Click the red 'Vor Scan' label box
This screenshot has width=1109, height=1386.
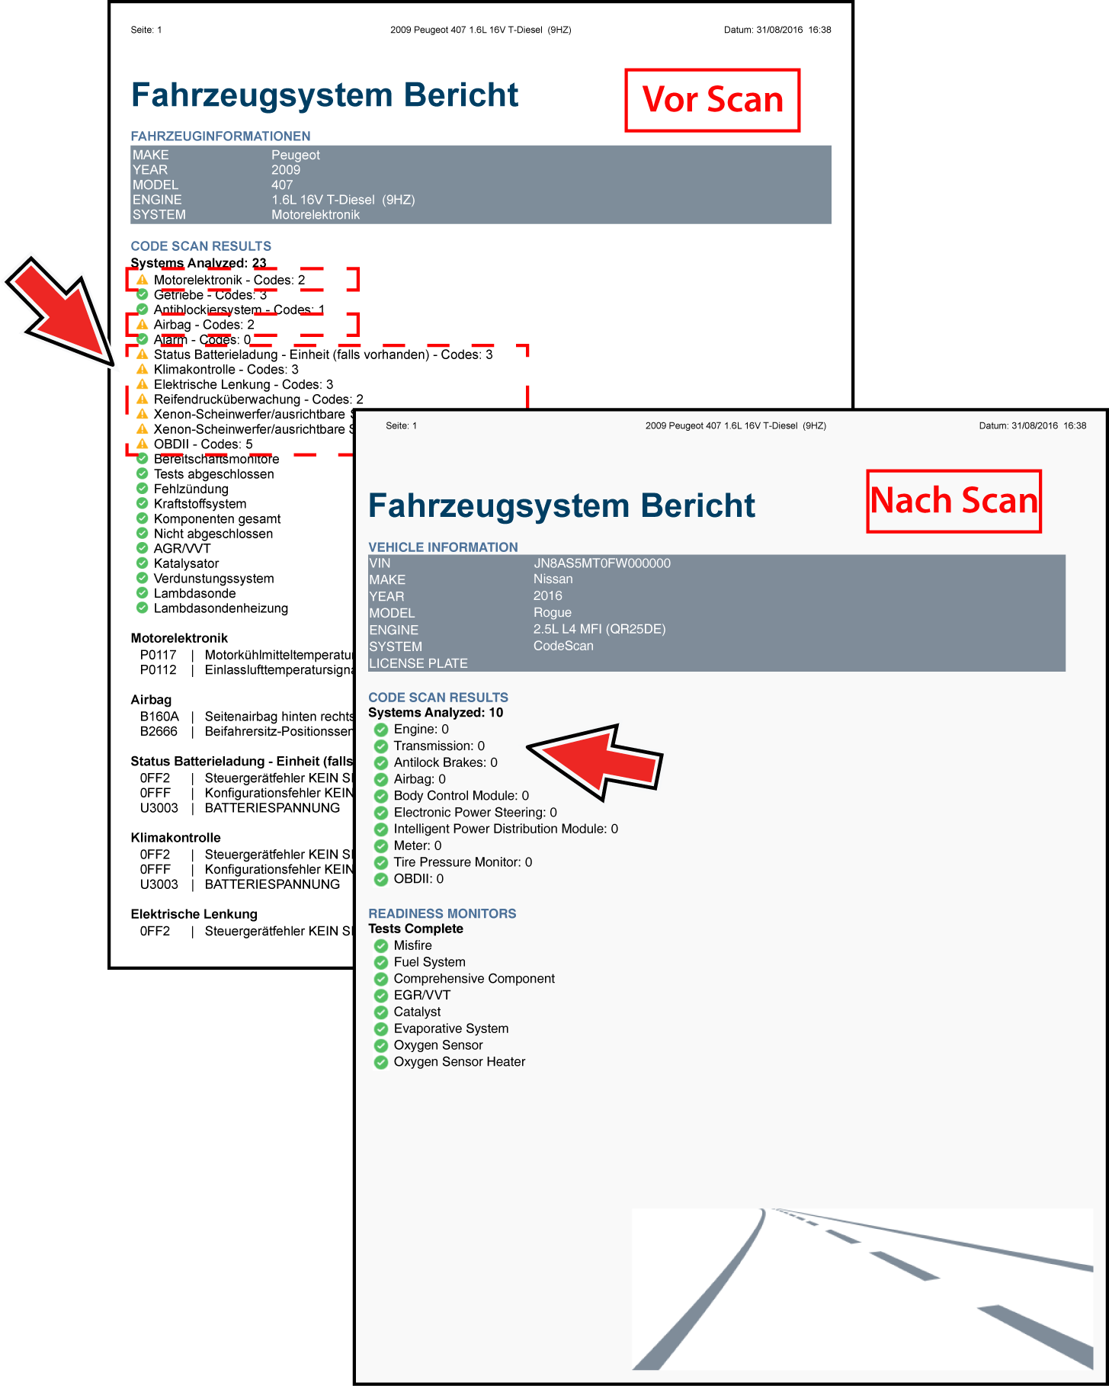pyautogui.click(x=712, y=100)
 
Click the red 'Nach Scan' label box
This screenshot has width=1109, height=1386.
pyautogui.click(x=954, y=501)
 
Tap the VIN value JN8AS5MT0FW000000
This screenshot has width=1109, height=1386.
pyautogui.click(x=601, y=563)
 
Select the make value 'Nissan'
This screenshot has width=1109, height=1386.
pyautogui.click(x=553, y=579)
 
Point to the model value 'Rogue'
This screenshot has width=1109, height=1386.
pyautogui.click(x=552, y=613)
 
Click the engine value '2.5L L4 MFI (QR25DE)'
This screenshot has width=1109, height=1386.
pyautogui.click(x=599, y=630)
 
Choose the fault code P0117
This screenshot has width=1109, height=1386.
pyautogui.click(x=158, y=655)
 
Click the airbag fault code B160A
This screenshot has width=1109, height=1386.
pyautogui.click(x=159, y=717)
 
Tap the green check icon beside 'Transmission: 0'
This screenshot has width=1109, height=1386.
pyautogui.click(x=381, y=746)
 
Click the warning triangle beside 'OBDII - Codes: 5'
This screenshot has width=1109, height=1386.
pyautogui.click(x=142, y=444)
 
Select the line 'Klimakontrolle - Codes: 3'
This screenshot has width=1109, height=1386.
pyautogui.click(x=226, y=370)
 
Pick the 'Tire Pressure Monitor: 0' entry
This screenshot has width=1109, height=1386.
pyautogui.click(x=463, y=862)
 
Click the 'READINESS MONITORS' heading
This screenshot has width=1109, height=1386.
pyautogui.click(x=442, y=913)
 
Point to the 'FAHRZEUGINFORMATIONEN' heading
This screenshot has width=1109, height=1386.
pyautogui.click(x=220, y=136)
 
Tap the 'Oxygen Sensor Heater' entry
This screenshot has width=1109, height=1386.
pyautogui.click(x=459, y=1062)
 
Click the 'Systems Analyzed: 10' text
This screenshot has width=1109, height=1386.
pyautogui.click(x=435, y=713)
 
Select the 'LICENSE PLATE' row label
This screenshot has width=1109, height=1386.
pyautogui.click(x=418, y=663)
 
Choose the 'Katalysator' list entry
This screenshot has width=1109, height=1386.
pyautogui.click(x=186, y=563)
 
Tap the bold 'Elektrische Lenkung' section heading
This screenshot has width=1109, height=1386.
pyautogui.click(x=194, y=914)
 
